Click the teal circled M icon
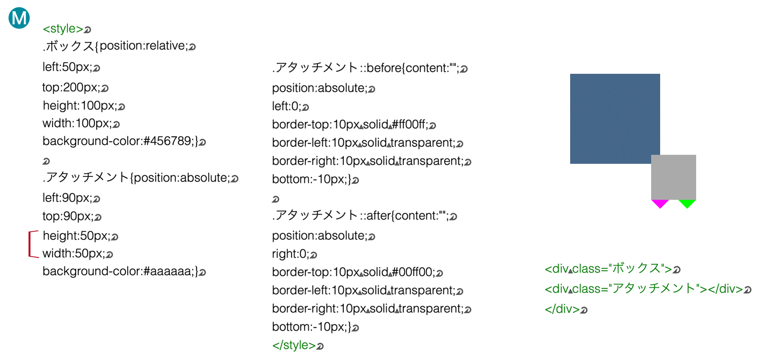click(x=19, y=18)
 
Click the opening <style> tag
click(x=63, y=29)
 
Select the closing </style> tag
click(x=294, y=345)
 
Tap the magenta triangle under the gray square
click(x=660, y=203)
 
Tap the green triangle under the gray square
click(x=687, y=203)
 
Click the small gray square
click(x=674, y=177)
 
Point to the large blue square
click(x=615, y=119)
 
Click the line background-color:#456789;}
click(x=121, y=141)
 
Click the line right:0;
click(x=291, y=254)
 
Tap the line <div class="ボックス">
click(x=608, y=269)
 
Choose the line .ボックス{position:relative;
click(x=115, y=46)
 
